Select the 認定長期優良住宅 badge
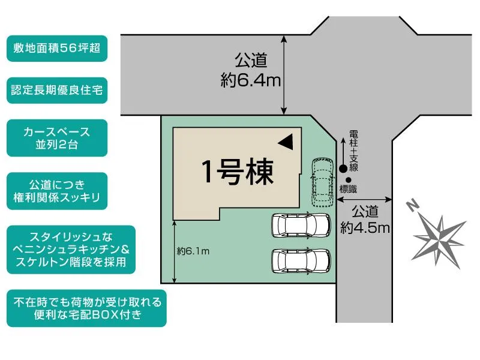pyautogui.click(x=57, y=91)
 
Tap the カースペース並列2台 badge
pyautogui.click(x=57, y=137)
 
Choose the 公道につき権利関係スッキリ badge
pyautogui.click(x=57, y=190)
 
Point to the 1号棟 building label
pyautogui.click(x=238, y=173)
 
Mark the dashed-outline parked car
pyautogui.click(x=321, y=182)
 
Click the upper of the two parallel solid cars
pyautogui.click(x=301, y=226)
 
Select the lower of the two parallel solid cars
pyautogui.click(x=301, y=260)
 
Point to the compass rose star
pyautogui.click(x=439, y=235)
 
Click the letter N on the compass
pyautogui.click(x=412, y=206)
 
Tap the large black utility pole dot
pyautogui.click(x=343, y=169)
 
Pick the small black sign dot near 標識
pyautogui.click(x=349, y=179)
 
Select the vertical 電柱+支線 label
pyautogui.click(x=353, y=150)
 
